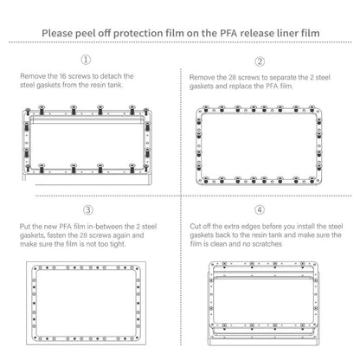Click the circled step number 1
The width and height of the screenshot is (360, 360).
click(86, 60)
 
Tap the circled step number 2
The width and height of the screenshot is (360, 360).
click(260, 61)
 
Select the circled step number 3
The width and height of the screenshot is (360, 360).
click(88, 209)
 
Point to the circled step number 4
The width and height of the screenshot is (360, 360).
click(260, 209)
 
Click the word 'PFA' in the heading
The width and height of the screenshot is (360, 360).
click(228, 33)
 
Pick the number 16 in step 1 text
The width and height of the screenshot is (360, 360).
click(63, 76)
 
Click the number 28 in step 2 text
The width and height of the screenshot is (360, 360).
click(232, 77)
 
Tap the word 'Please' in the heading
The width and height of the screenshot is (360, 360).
click(57, 33)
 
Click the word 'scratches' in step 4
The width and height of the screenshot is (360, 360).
click(267, 244)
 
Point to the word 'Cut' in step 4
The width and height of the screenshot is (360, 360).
click(196, 226)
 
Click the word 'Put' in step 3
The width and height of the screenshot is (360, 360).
click(25, 227)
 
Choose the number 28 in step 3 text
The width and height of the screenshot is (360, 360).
click(83, 235)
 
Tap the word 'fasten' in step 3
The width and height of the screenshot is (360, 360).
click(56, 235)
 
